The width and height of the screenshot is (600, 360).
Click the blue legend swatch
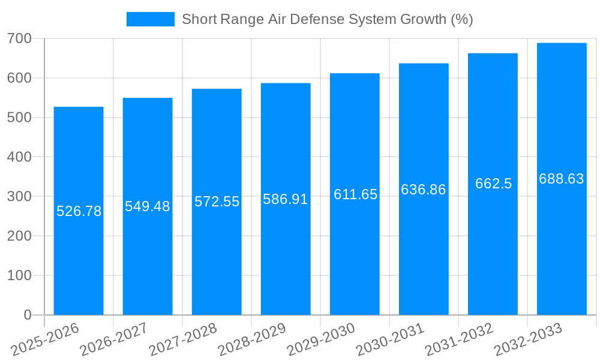coord(150,19)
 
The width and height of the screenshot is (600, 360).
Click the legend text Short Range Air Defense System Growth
coord(327,19)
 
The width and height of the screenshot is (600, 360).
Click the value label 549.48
coord(148,206)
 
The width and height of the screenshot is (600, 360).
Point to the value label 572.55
coord(217,202)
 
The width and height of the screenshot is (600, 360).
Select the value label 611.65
coord(355,194)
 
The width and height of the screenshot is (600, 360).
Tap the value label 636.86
coord(424,190)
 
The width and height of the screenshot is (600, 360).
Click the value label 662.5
coord(493,184)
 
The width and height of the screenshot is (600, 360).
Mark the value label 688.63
coord(562,179)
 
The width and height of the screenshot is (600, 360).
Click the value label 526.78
coord(79,211)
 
